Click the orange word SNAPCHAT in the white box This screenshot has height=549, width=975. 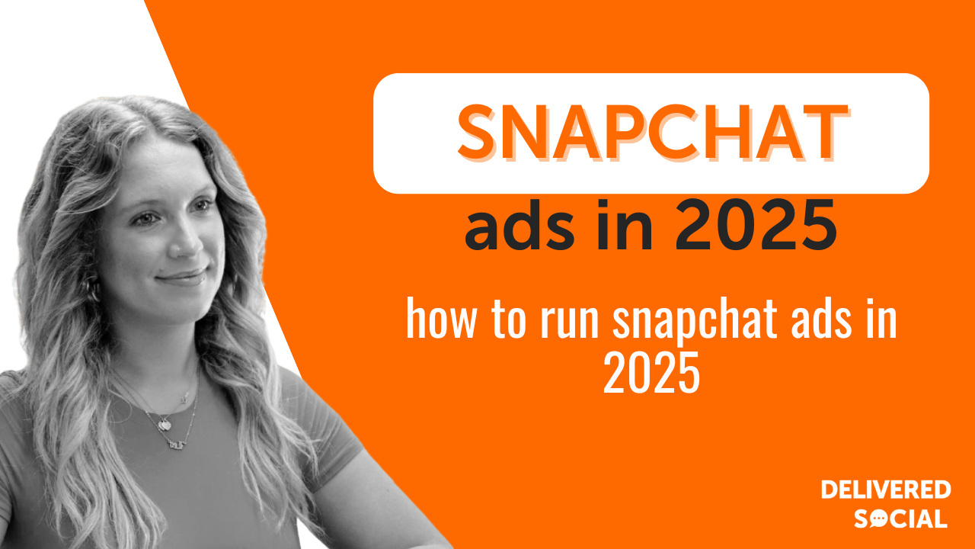coord(653,133)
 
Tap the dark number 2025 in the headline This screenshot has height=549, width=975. coord(756,225)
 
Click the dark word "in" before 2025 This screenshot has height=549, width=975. coord(625,225)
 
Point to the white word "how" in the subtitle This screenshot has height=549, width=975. coord(440,319)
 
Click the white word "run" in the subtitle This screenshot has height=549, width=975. coord(569,323)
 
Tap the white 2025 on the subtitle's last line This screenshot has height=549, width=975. coord(651,373)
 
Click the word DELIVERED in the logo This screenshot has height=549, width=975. coord(886,490)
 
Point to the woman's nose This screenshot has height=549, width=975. coord(188,242)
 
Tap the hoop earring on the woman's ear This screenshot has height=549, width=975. coord(92,290)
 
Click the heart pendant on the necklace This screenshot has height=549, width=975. coord(165,423)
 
